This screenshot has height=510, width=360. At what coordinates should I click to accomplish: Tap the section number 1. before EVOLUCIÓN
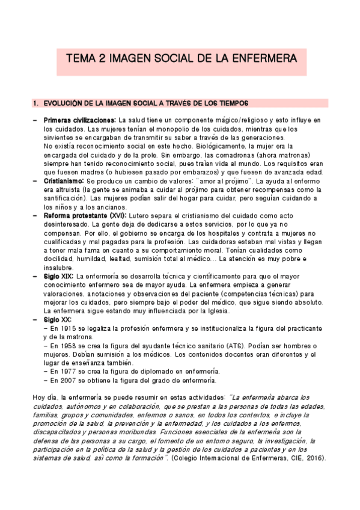(x=35, y=102)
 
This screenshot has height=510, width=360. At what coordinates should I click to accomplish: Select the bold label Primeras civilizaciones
(x=79, y=120)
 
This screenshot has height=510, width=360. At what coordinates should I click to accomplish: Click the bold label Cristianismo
(x=64, y=180)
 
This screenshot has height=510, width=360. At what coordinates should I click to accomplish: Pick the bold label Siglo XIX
(x=58, y=276)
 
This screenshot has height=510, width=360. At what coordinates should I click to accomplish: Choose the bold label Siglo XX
(x=57, y=319)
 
